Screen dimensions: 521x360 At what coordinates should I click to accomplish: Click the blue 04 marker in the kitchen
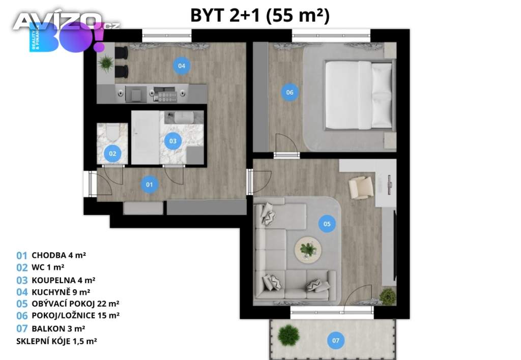click(x=182, y=66)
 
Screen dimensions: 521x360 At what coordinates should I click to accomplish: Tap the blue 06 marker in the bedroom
click(x=290, y=93)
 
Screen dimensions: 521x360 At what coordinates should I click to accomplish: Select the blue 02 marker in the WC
click(x=112, y=154)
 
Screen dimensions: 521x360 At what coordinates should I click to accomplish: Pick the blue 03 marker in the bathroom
click(x=173, y=141)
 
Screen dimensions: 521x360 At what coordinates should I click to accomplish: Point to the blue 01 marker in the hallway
click(x=150, y=184)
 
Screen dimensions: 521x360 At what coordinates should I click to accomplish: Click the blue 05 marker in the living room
click(x=327, y=224)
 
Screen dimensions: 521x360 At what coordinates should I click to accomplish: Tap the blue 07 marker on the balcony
click(x=336, y=340)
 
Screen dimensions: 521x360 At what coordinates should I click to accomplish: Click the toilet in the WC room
click(x=111, y=133)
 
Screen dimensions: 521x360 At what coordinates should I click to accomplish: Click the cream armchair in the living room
click(x=361, y=188)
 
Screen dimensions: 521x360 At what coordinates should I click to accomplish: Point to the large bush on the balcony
click(x=289, y=335)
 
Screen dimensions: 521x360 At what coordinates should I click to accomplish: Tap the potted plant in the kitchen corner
click(x=106, y=63)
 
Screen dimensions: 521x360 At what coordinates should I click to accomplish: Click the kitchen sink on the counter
click(x=136, y=94)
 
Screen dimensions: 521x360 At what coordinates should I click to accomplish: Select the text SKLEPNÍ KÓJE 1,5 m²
click(x=57, y=341)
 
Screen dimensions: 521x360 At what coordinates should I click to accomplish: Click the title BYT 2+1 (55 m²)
click(x=260, y=15)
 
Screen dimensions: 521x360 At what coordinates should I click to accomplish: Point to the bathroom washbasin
click(x=184, y=117)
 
